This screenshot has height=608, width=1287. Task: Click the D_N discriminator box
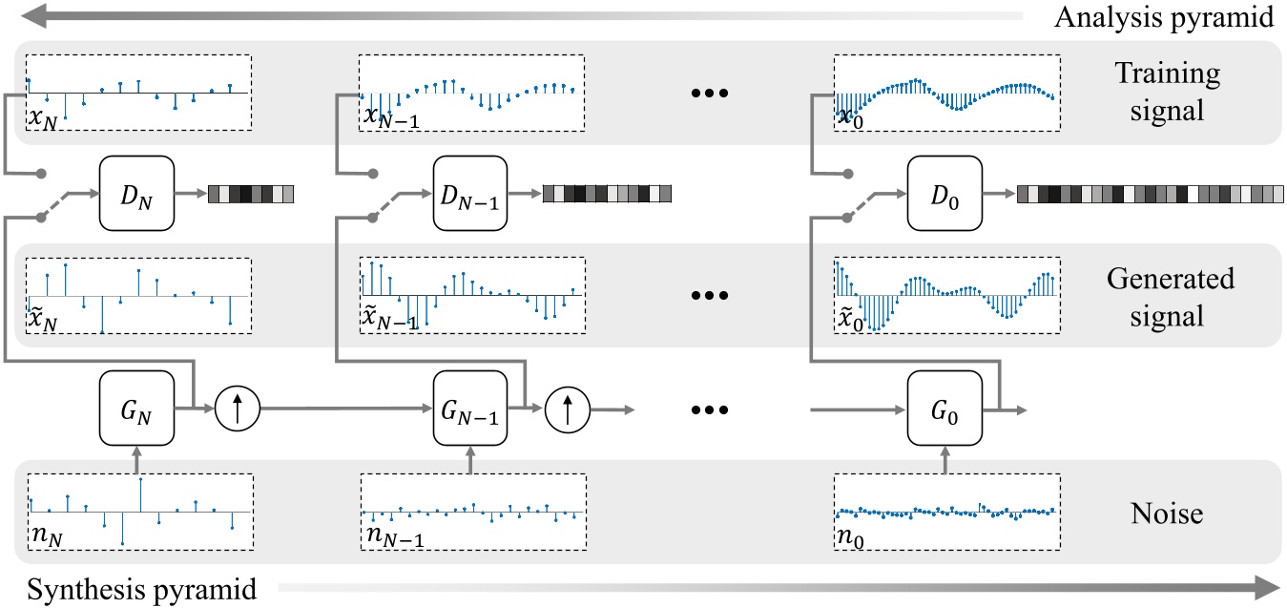135,196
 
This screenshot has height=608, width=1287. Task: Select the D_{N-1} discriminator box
468,196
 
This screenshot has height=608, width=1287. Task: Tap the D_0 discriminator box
943,196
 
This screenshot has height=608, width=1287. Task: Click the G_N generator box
135,409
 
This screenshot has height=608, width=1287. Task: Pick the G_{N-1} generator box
468,409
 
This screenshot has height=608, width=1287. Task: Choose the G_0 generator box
943,409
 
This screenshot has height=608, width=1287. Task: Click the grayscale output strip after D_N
252,195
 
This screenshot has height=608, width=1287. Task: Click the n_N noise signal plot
139,511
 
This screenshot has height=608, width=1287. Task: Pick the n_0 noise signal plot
945,511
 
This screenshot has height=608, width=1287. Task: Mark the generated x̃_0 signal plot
945,294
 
